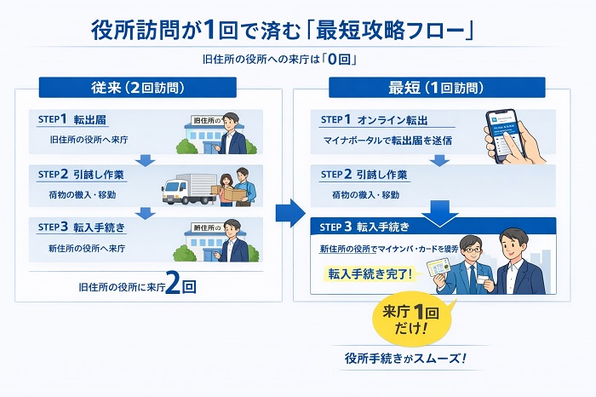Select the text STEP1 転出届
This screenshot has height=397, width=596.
coord(77,119)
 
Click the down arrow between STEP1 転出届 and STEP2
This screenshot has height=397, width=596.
coord(146,159)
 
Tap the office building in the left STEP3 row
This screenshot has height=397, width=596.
coord(202,245)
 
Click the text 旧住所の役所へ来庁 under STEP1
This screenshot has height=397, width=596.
coord(87,138)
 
